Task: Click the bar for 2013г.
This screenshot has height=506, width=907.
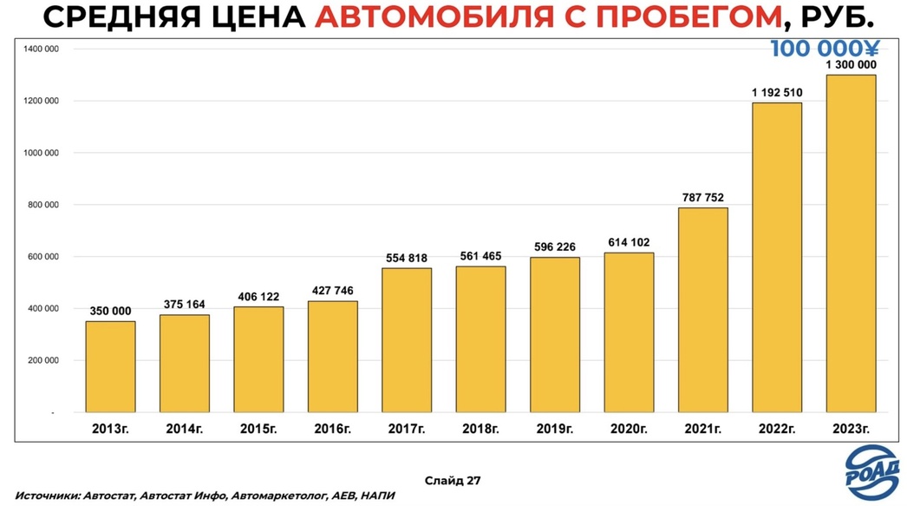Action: (110, 366)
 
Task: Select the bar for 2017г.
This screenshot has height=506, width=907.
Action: (407, 339)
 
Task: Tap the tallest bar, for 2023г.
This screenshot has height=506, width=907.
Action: (851, 243)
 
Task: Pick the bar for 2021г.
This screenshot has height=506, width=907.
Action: (703, 309)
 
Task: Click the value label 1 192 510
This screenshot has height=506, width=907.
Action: (777, 92)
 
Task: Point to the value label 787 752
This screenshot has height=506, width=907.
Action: (703, 197)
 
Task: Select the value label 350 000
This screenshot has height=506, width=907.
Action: (110, 311)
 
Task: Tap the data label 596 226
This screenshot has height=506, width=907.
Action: (555, 246)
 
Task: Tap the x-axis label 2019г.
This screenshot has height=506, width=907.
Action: (555, 428)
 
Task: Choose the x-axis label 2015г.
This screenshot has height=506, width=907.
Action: (258, 428)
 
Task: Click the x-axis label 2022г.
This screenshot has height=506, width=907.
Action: (777, 428)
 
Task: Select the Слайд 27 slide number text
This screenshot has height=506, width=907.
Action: (453, 479)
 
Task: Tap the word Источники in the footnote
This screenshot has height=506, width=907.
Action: (45, 496)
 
